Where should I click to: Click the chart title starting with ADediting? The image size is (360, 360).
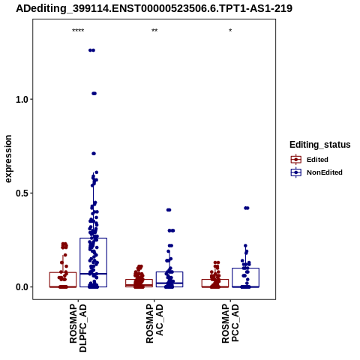pyautogui.click(x=154, y=8)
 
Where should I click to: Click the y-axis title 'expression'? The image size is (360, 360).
pyautogui.click(x=8, y=159)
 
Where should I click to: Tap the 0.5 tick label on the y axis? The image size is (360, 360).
pyautogui.click(x=21, y=193)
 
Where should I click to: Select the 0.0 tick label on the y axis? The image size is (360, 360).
pyautogui.click(x=21, y=287)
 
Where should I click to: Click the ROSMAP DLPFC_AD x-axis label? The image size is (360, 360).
pyautogui.click(x=78, y=328)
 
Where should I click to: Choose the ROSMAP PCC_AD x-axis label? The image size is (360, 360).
pyautogui.click(x=230, y=324)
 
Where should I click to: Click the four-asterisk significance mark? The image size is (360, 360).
pyautogui.click(x=78, y=31)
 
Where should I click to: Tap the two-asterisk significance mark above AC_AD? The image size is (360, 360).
pyautogui.click(x=154, y=31)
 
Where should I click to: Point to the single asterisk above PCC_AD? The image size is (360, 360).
pyautogui.click(x=230, y=31)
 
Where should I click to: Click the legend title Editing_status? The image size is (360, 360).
pyautogui.click(x=320, y=145)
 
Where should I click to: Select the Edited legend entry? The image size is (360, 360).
pyautogui.click(x=309, y=160)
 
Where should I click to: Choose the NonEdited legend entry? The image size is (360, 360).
pyautogui.click(x=316, y=172)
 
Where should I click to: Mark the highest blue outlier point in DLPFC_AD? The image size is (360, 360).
pyautogui.click(x=91, y=50)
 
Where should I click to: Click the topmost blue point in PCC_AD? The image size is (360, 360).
pyautogui.click(x=247, y=208)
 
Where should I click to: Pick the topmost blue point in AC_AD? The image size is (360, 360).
pyautogui.click(x=169, y=210)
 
